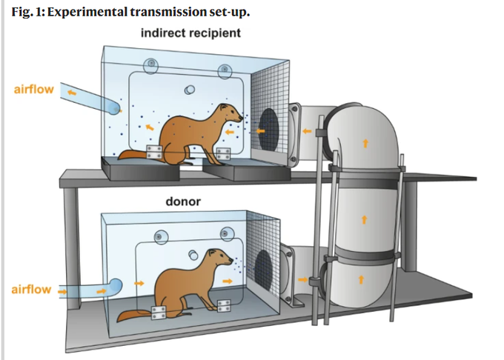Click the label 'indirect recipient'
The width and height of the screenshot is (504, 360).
coord(190,33)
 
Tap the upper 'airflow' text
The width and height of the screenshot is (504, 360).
coord(33,90)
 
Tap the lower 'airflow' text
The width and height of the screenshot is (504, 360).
coord(32,289)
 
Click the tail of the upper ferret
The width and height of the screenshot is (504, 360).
coord(133,155)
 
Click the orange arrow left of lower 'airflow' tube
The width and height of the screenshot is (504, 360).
coord(62,291)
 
